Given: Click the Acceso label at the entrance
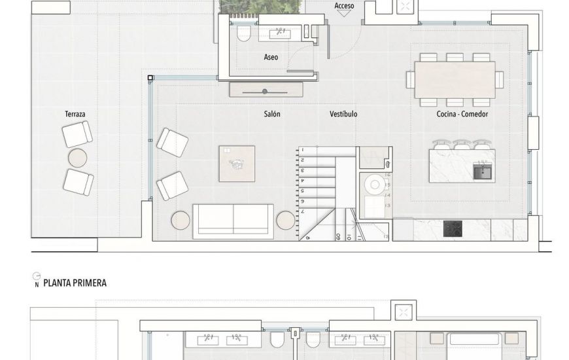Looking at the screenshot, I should point(344,6).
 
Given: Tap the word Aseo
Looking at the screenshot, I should point(271,57).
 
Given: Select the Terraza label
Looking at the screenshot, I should point(75,114).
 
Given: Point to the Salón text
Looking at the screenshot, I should point(272,114).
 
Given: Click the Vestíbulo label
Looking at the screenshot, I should point(343,114).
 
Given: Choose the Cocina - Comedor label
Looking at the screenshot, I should point(462,114).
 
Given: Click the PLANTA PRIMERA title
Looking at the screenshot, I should point(75,283).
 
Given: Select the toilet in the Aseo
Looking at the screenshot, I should point(244,34).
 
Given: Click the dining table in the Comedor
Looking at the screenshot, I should point(455,79).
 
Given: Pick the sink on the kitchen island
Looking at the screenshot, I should point(483,171).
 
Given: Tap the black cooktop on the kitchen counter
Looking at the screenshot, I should point(453,229).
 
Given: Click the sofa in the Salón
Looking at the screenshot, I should point(233,221).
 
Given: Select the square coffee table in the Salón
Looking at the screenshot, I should point(237,164).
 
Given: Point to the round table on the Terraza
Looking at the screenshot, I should point(78,158).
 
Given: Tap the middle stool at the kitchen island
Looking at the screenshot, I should point(462,144).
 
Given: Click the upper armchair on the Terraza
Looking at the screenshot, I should point(77,134).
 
